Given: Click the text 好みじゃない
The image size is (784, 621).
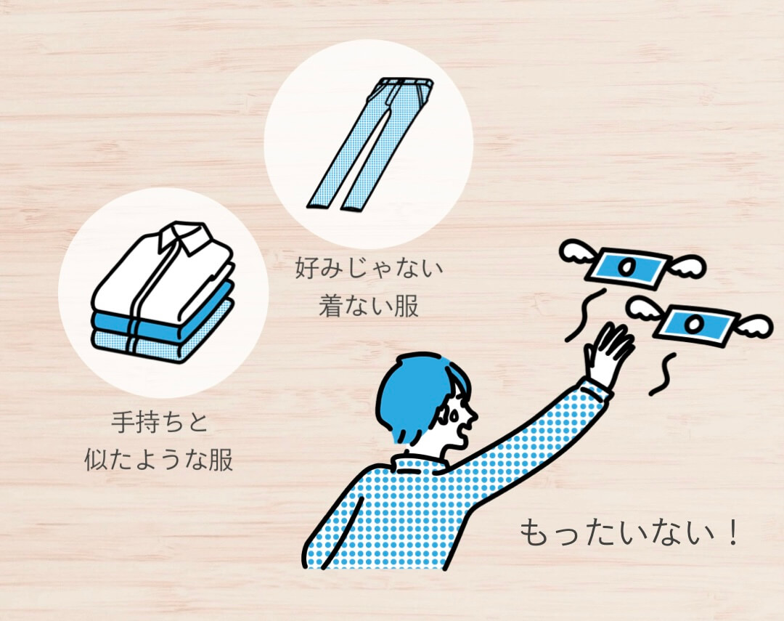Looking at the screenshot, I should tap(369, 269).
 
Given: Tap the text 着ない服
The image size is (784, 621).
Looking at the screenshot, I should tap(369, 305).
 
